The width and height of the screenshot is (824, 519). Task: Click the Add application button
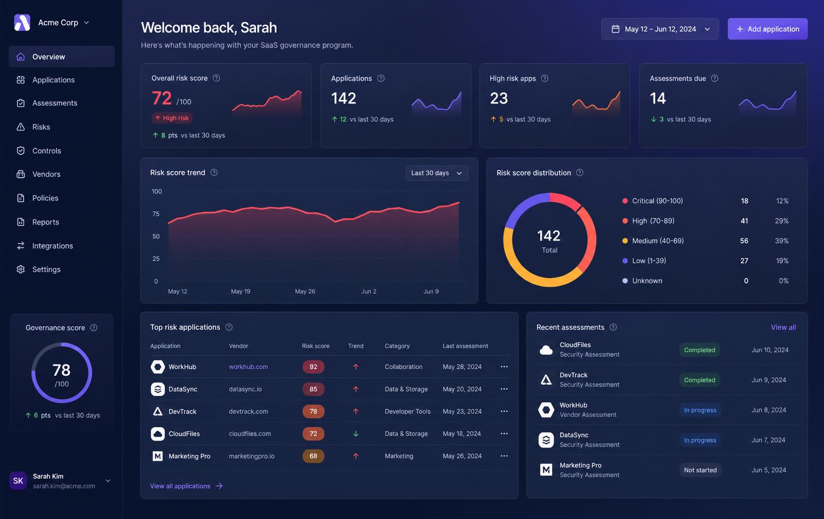point(767,29)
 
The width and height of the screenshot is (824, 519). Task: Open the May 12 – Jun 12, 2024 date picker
point(660,29)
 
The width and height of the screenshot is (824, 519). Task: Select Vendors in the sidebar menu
point(46,174)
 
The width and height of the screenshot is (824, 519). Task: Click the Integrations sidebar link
point(52,246)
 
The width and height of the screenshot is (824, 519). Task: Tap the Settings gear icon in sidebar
point(21,269)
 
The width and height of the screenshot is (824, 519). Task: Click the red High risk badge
point(172,118)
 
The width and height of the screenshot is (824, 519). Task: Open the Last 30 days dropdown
point(437,173)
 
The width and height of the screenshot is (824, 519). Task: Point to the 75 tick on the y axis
point(156,214)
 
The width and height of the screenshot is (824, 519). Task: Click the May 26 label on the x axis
point(305,291)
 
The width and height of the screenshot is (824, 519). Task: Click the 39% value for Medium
point(782,240)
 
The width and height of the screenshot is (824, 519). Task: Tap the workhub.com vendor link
point(248,367)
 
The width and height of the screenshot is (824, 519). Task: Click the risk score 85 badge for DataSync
point(313,389)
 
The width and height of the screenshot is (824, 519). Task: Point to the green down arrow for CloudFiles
point(356,434)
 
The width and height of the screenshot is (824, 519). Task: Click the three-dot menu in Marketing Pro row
point(504,456)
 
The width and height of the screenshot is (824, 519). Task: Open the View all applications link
point(186,486)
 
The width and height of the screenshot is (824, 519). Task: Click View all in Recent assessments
point(783,327)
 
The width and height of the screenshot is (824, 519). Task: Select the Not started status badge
point(700,470)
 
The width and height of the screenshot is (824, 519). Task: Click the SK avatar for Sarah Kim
point(18,480)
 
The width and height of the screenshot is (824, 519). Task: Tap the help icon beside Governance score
point(94,327)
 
